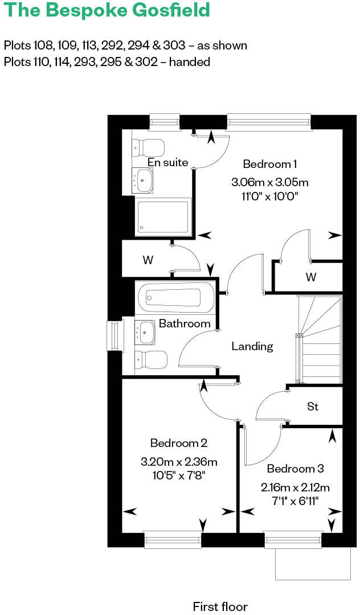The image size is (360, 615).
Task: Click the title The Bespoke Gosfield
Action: (x=107, y=10)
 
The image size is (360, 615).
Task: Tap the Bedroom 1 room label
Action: (x=269, y=164)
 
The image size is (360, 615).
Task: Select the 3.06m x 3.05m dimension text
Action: (x=269, y=183)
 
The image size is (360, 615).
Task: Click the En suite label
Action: (x=167, y=162)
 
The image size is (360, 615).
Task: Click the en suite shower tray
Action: (x=162, y=216)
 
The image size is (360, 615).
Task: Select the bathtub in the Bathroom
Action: (x=175, y=297)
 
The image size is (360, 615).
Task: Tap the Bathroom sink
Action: (x=145, y=331)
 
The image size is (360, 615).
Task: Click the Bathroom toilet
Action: (x=151, y=359)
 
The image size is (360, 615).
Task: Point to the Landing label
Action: (x=252, y=346)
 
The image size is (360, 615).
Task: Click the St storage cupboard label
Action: (x=313, y=407)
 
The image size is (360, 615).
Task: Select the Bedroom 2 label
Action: (x=178, y=443)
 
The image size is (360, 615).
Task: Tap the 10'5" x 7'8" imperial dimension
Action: (x=178, y=474)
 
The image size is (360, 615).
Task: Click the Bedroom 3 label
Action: (x=295, y=469)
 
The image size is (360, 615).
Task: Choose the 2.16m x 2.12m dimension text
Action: (x=295, y=487)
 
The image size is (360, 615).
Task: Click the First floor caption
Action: (x=220, y=606)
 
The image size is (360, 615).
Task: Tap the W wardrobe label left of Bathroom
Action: (x=148, y=260)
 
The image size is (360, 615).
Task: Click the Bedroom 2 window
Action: (x=173, y=539)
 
